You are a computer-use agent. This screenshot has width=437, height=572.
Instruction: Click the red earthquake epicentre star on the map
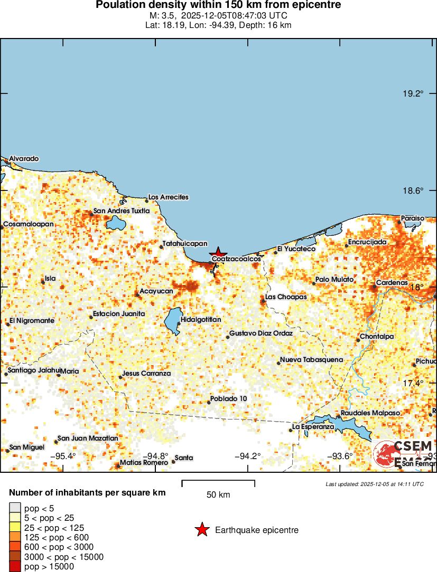click(218, 252)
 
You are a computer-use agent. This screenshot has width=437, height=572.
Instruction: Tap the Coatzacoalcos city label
click(236, 260)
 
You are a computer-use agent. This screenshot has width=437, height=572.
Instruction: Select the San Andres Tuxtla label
click(122, 211)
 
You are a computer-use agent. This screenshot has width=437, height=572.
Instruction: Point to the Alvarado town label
click(24, 158)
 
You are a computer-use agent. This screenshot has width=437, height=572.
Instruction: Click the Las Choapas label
click(286, 297)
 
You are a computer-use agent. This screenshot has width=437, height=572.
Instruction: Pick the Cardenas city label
click(392, 283)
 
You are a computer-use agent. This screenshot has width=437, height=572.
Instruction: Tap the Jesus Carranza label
click(146, 374)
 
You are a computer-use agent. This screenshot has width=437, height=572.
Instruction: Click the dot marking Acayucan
click(137, 294)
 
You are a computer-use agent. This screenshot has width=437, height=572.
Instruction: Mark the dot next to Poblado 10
click(209, 403)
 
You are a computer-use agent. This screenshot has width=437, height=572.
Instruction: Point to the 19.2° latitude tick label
click(413, 94)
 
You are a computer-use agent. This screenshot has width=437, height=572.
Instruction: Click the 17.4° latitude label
click(413, 383)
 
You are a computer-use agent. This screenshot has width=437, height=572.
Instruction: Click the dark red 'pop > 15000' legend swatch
click(14, 567)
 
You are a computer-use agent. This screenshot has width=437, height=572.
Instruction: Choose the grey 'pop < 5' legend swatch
click(14, 509)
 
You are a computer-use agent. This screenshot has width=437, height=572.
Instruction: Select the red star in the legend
click(202, 530)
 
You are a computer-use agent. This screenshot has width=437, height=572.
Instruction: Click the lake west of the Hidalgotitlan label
click(172, 321)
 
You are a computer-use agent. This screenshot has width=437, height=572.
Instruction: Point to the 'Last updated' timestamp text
click(374, 483)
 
